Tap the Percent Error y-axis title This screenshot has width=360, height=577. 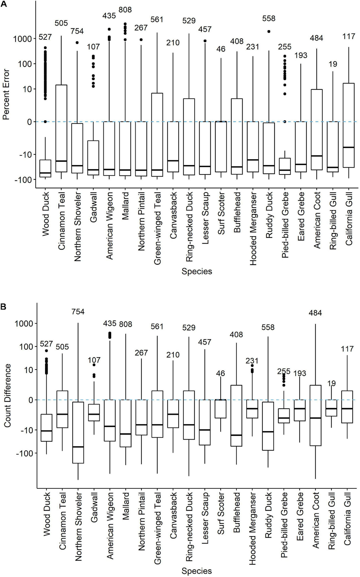[6, 95]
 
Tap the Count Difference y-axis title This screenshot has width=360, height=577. [7, 395]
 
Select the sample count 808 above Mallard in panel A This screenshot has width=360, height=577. [125, 10]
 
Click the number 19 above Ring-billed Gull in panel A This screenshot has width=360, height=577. [333, 64]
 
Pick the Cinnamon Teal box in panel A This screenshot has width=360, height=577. [61, 128]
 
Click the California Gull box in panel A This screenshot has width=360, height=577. [349, 125]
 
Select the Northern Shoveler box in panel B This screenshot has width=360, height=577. [78, 432]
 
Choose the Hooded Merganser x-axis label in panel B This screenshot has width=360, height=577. [253, 528]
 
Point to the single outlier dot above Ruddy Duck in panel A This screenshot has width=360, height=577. [269, 31]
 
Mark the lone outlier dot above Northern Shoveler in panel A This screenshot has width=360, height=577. [77, 43]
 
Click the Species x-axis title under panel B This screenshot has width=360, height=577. [196, 571]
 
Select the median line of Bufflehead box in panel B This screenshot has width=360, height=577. [236, 435]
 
